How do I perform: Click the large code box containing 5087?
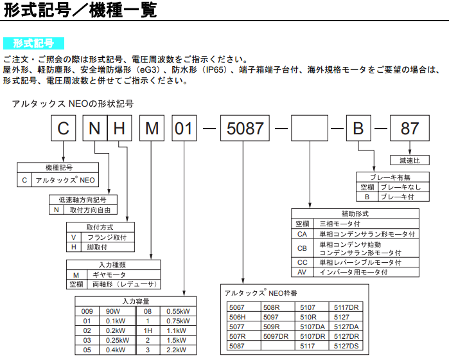tap(245, 128)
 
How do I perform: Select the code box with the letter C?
tap(64, 128)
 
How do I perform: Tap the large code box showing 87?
tap(410, 128)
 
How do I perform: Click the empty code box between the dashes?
tap(310, 128)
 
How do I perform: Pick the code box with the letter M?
tap(152, 128)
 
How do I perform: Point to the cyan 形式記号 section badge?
tap(33, 43)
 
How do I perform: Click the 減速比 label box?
tap(410, 160)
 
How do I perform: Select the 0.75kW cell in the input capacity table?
tap(178, 321)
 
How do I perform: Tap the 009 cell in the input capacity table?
tap(87, 311)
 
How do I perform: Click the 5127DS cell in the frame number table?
tap(346, 346)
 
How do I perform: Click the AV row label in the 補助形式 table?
tap(302, 273)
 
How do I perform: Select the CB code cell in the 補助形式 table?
tap(302, 248)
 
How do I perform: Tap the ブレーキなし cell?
tap(404, 187)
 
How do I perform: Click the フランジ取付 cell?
tap(108, 237)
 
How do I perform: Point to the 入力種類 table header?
tap(114, 265)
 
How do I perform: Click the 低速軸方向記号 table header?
tap(83, 200)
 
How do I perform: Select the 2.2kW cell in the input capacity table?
tap(178, 350)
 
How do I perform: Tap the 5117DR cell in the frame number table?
tap(346, 307)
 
